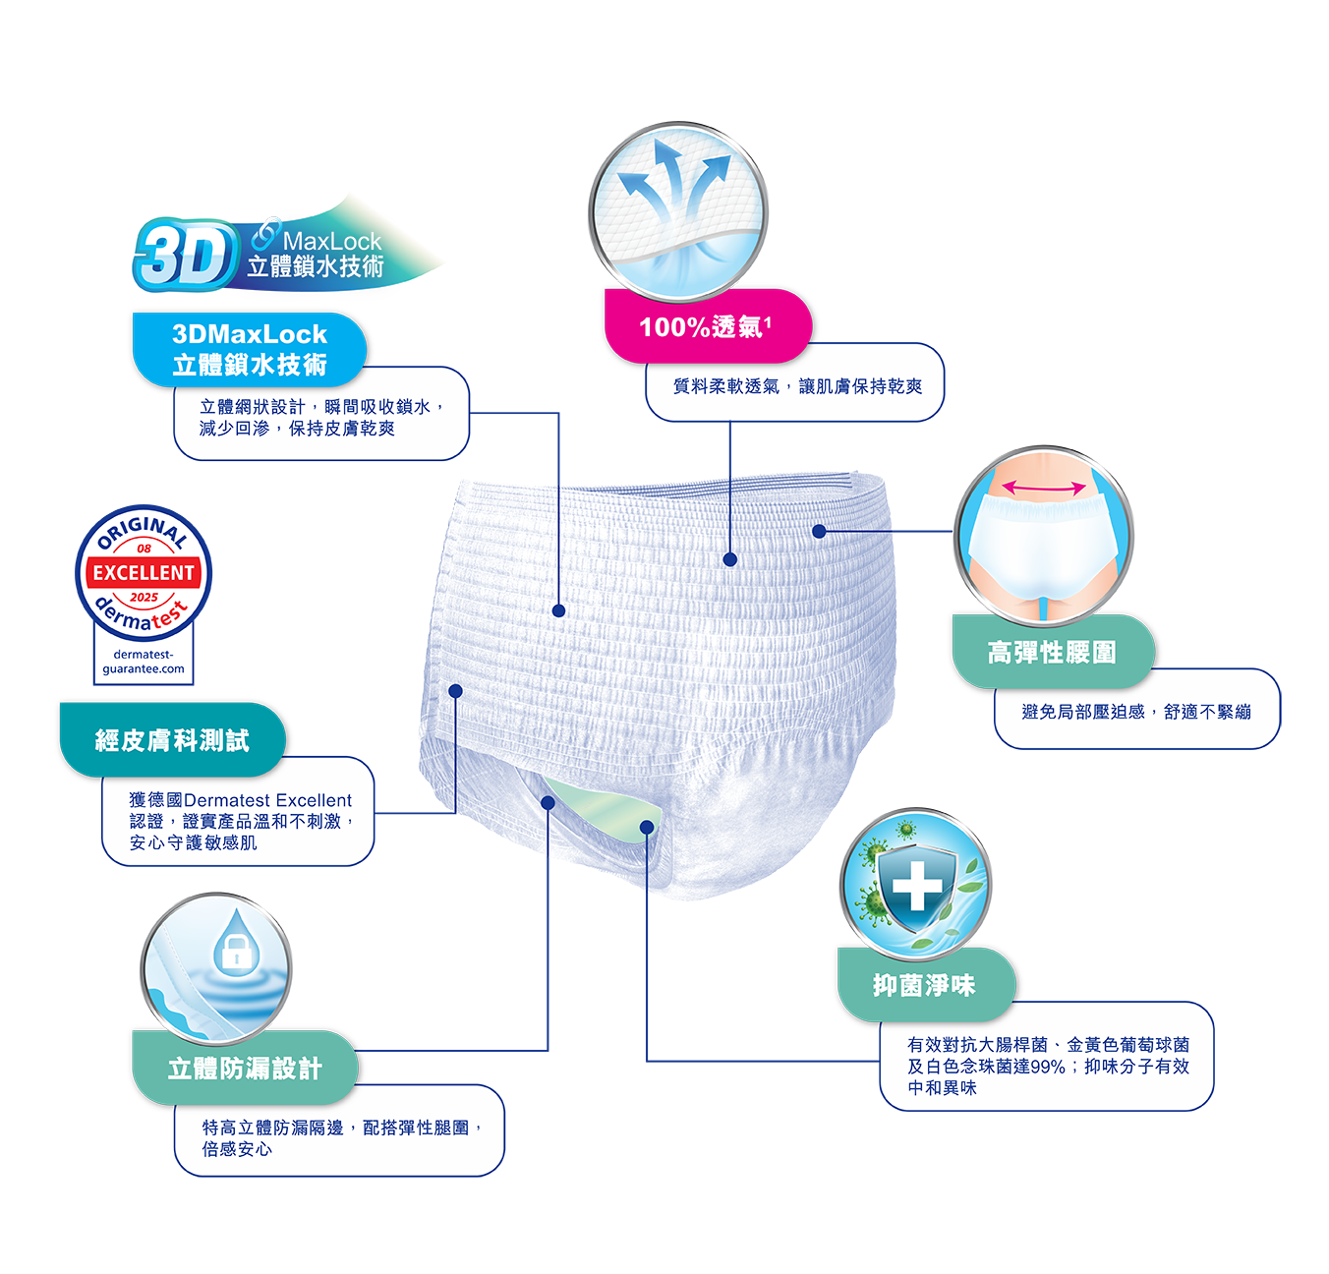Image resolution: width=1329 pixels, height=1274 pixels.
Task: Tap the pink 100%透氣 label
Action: [x=707, y=325]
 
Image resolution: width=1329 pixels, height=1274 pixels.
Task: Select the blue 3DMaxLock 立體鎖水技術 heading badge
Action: [x=250, y=349]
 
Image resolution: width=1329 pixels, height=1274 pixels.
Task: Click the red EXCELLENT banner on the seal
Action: [x=144, y=572]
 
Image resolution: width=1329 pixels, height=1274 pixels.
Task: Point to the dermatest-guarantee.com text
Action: [x=144, y=662]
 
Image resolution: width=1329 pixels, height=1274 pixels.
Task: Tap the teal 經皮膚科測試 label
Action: [x=172, y=739]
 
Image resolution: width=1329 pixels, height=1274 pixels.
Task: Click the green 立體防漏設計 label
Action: [x=245, y=1068]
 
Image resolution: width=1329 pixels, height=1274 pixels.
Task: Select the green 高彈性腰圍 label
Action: [x=1053, y=652]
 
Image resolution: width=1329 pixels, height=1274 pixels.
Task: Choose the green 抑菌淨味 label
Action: [x=926, y=984]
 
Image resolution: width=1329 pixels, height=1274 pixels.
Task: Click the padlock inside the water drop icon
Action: [x=236, y=952]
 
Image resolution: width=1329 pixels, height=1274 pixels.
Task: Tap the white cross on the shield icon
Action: [x=917, y=886]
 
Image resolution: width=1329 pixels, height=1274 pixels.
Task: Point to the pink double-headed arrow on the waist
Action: [x=1043, y=488]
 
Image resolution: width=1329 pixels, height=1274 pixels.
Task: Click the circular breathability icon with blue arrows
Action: [x=677, y=211]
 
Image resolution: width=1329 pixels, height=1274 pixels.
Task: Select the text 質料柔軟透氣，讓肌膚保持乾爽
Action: [x=797, y=386]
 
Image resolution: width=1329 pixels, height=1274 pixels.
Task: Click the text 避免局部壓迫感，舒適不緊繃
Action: [x=1136, y=712]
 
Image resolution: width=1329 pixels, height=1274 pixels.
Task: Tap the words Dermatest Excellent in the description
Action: [x=267, y=800]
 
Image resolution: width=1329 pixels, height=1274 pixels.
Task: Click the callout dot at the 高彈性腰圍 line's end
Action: [x=820, y=531]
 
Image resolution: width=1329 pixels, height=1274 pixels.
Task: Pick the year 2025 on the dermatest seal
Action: [x=144, y=597]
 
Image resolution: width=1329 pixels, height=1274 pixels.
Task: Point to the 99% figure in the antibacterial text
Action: [x=1048, y=1067]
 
